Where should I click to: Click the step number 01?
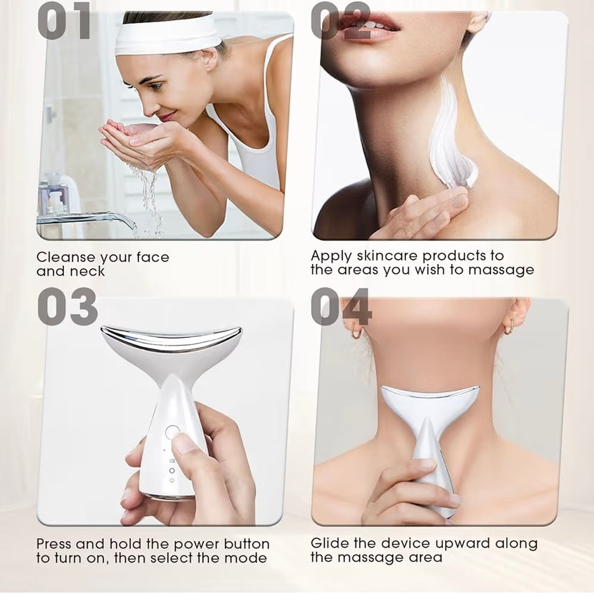pos(64,21)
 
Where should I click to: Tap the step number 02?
pos(340,21)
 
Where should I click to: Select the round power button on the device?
pos(172,432)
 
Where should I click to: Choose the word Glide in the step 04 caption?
pos(328,544)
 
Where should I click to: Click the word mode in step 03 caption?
pos(248,558)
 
